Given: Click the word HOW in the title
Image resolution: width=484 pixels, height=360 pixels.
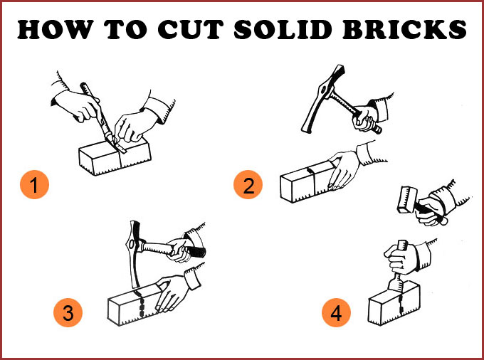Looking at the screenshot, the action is tap(56, 30).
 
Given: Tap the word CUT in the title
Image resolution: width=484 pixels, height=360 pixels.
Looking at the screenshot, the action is tap(191, 30).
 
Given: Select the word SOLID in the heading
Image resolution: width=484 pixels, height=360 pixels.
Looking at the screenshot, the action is tap(283, 30).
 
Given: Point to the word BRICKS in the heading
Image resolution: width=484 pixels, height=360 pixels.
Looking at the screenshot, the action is tap(405, 30).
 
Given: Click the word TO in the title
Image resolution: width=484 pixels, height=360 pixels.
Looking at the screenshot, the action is tap(126, 30).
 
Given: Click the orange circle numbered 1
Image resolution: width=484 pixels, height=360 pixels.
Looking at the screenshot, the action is tap(34, 184).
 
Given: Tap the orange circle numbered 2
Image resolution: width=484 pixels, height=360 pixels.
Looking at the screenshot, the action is tap(248, 184).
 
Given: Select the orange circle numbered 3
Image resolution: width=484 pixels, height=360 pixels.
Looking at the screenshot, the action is tap(68, 312).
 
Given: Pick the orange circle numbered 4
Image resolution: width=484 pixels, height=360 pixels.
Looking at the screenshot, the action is tap(336, 312).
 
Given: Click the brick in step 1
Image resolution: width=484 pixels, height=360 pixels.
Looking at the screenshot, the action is tap(115, 156).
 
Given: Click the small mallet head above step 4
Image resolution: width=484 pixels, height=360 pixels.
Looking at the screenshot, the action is tap(407, 200).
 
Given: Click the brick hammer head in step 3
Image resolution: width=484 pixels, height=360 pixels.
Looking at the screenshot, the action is tap(134, 253).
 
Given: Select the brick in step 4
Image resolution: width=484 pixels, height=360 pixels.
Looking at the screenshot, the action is tap(394, 303).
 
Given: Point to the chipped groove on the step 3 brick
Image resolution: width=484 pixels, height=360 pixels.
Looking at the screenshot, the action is tap(140, 303).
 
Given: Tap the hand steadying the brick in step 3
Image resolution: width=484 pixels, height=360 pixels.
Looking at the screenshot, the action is tap(172, 293).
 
